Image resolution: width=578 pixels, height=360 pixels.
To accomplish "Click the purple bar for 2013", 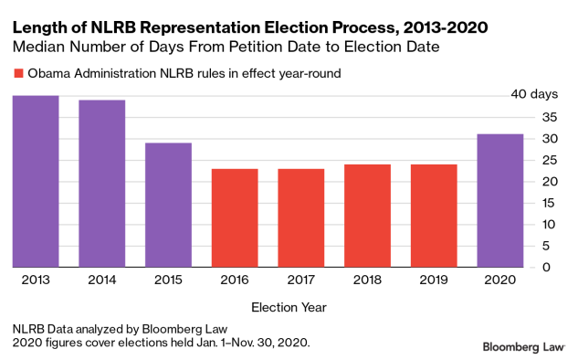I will [36, 181].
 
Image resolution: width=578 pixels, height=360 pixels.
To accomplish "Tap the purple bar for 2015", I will [168, 205].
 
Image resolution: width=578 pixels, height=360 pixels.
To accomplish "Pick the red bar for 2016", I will [235, 217].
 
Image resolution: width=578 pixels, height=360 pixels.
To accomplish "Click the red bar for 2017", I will [301, 217].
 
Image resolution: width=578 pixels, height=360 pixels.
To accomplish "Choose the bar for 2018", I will [368, 216].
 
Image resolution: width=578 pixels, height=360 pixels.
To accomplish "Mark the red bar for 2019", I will [434, 216].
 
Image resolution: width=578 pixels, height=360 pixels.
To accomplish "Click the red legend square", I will [17, 74].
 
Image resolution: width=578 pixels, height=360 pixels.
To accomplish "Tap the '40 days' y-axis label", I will [531, 95].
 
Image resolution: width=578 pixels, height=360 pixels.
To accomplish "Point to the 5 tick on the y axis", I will [520, 246].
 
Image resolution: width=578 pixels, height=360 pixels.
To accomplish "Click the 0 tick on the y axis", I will [520, 267].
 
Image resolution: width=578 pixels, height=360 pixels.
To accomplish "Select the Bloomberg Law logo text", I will [524, 347].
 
